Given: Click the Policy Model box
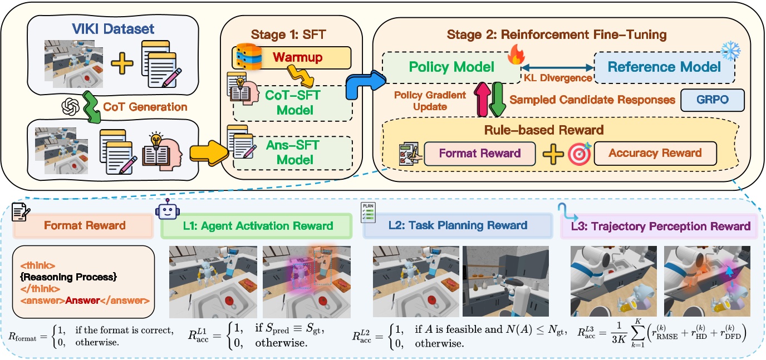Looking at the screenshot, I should pos(451,67).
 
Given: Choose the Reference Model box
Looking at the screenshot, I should pos(664,67).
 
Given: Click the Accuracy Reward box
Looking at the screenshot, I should pos(655,153).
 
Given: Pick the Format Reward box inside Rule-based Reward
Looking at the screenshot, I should pos(479,153).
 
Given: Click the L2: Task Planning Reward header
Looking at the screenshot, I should pos(458,225).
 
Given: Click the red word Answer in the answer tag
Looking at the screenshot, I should pos(82,300).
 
